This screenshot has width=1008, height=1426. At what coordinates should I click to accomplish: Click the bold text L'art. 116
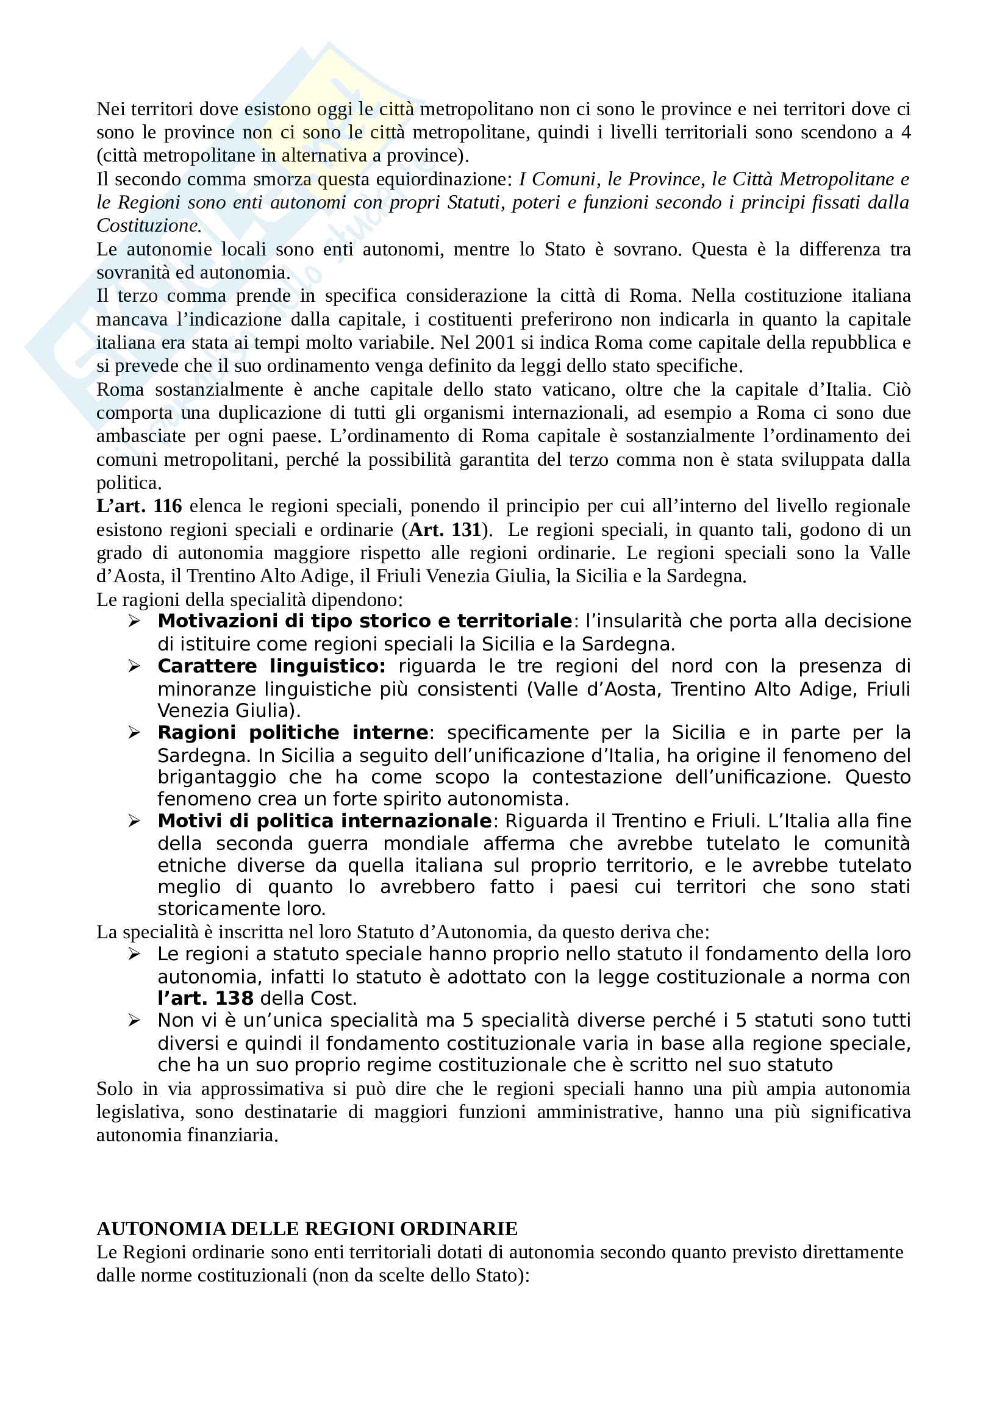pos(139,506)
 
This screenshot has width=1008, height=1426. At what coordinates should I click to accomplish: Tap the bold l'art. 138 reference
pos(205,999)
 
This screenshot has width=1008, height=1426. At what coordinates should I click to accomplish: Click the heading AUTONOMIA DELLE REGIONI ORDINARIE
pos(307,1228)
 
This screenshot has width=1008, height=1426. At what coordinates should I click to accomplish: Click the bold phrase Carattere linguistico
pos(271,666)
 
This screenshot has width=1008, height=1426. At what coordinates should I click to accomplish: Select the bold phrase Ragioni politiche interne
pos(293,733)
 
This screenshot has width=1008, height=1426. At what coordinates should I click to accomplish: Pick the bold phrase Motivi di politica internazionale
pos(324,821)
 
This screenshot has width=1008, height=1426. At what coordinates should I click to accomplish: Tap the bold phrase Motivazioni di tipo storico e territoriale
pos(365,621)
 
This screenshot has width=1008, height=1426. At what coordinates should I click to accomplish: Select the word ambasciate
pos(141,436)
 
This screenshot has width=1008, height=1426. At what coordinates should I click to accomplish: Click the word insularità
pos(634,621)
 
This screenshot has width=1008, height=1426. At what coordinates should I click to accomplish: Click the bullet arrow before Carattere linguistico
pos(134,666)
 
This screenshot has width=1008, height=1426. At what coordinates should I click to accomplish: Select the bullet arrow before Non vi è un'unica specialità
pos(134,1021)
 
